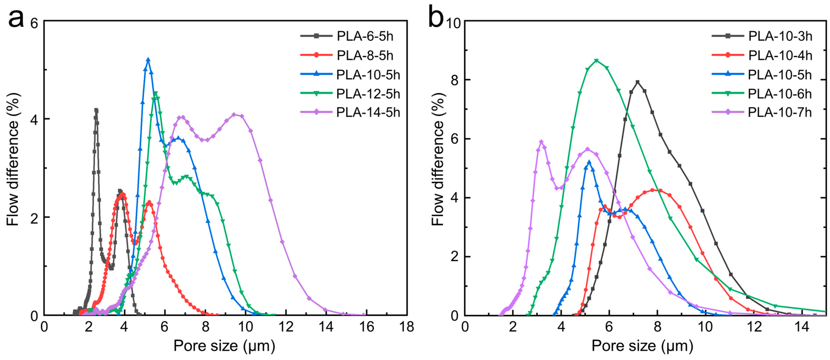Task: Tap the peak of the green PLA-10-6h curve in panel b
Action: tap(596, 61)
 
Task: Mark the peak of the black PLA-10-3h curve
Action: tap(637, 82)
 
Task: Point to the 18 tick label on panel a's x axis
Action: tap(406, 327)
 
